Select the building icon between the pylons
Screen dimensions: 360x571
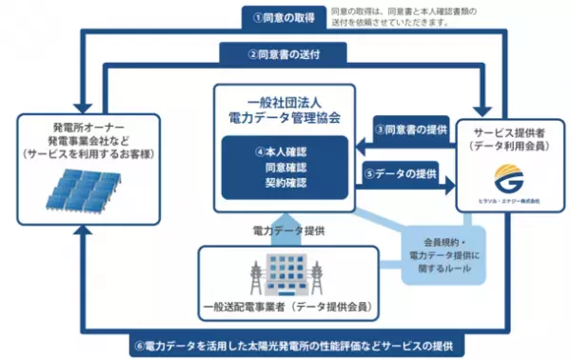pyautogui.click(x=284, y=277)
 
